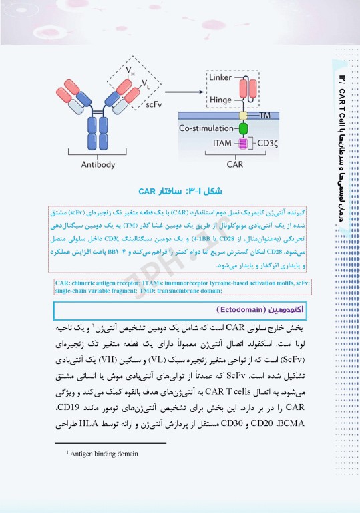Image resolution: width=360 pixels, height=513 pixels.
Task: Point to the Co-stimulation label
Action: (x=208, y=127)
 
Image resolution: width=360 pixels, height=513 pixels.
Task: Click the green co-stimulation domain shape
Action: (x=243, y=127)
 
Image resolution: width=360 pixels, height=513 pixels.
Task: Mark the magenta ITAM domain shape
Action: (x=243, y=143)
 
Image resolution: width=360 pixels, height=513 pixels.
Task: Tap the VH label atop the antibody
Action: (x=129, y=69)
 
